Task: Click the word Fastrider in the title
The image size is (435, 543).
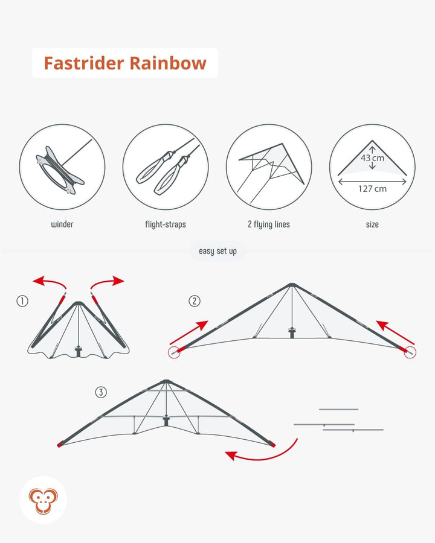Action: [x=83, y=63]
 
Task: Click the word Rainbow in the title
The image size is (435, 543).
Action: [x=168, y=63]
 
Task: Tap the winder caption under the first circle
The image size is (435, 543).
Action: [x=62, y=224]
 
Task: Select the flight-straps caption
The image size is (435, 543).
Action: [x=166, y=224]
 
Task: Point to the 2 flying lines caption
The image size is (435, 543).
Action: [x=269, y=224]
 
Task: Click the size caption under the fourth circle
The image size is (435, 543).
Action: [x=372, y=224]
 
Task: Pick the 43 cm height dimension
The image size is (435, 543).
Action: [x=373, y=158]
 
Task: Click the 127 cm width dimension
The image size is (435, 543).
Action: [x=372, y=189]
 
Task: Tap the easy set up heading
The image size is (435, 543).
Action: [x=218, y=251]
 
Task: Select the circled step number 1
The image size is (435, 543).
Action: [x=22, y=301]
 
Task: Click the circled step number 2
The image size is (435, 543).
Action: [x=195, y=301]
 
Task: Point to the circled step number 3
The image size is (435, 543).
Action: [x=101, y=392]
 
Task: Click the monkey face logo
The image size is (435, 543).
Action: [x=43, y=501]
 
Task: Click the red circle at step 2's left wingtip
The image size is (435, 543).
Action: [x=174, y=352]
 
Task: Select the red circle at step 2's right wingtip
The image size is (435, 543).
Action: [x=410, y=352]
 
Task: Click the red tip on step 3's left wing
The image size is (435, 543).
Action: [x=60, y=444]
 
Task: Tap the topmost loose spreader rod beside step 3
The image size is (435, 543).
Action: [x=338, y=409]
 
